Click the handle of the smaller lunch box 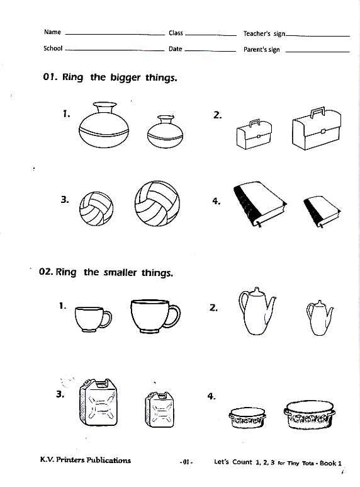[255, 123]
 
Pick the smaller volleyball [96, 209]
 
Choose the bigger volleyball [157, 203]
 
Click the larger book [260, 203]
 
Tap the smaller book [322, 212]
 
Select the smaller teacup [93, 319]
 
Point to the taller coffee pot [257, 311]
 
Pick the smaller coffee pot [320, 318]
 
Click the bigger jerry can [99, 402]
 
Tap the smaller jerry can [159, 410]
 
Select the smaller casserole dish [247, 418]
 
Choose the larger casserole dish [310, 415]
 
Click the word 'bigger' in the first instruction [125, 77]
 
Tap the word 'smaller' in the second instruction [120, 273]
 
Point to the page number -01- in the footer [186, 462]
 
